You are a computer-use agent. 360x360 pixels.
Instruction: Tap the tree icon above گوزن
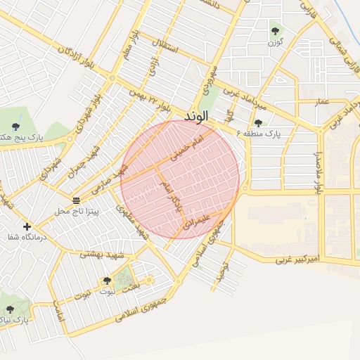click(274, 31)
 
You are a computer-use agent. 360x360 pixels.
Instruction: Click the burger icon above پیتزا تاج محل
click(76, 200)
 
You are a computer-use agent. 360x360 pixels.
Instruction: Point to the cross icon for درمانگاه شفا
click(27, 226)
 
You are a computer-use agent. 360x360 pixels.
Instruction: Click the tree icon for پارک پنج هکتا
click(15, 127)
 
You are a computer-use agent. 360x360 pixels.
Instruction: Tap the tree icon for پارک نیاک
click(10, 309)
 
